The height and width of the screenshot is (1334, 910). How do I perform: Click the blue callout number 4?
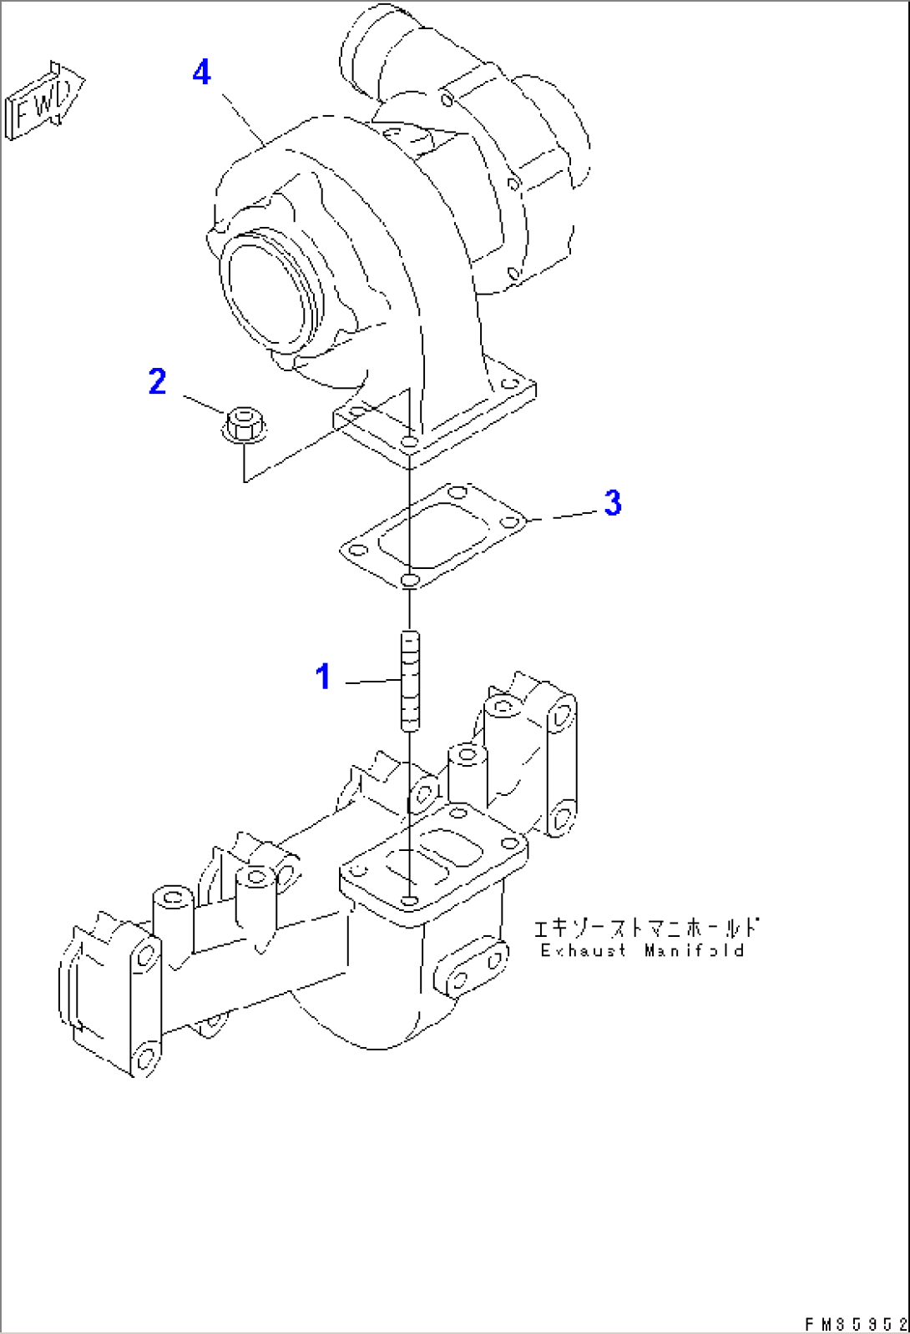(202, 73)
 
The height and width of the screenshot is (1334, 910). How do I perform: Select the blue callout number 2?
(157, 381)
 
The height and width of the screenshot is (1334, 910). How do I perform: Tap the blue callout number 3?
(613, 502)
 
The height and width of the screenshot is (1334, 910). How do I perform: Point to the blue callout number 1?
(323, 677)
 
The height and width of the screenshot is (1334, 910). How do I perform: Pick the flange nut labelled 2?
(244, 425)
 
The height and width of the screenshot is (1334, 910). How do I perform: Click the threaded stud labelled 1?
(409, 682)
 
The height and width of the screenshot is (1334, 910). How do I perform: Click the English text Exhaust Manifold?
(642, 950)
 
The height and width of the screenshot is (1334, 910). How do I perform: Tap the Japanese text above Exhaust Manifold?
(646, 928)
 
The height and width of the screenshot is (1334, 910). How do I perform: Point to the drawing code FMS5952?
(856, 1323)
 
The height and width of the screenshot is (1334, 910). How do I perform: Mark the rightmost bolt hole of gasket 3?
(509, 522)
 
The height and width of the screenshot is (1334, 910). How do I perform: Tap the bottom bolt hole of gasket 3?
(409, 580)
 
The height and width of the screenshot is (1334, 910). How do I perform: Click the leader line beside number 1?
(373, 681)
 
